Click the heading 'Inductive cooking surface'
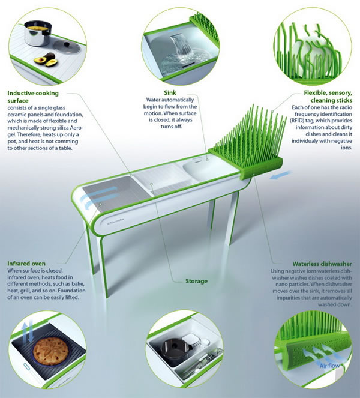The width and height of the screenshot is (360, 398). click(x=33, y=97)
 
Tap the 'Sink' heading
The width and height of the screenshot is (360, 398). click(x=170, y=92)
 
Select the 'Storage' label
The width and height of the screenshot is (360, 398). click(x=196, y=281)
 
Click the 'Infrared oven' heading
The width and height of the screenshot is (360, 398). click(x=26, y=263)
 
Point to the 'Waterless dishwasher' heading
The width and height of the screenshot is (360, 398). click(x=322, y=264)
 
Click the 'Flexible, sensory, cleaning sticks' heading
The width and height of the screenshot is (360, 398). click(x=328, y=97)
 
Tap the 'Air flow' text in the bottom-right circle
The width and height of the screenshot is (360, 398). click(x=329, y=366)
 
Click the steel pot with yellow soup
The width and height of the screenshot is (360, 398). click(x=38, y=33)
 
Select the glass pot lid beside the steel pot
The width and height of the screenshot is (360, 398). click(x=67, y=46)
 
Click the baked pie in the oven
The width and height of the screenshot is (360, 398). click(x=51, y=351)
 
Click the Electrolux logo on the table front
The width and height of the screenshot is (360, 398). click(x=115, y=220)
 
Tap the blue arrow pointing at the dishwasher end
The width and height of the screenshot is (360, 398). click(x=280, y=175)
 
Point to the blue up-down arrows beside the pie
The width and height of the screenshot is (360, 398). click(x=28, y=331)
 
